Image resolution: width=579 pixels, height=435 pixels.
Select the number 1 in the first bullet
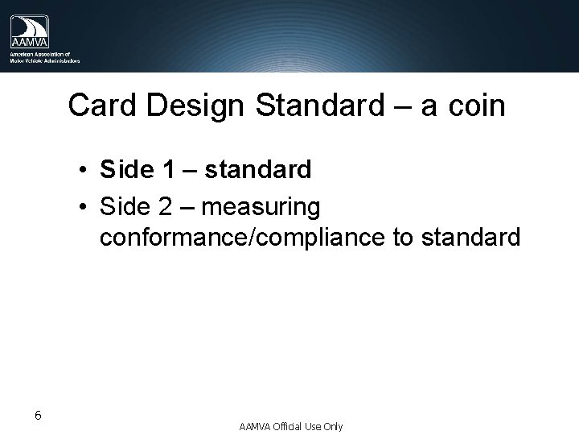click(x=166, y=170)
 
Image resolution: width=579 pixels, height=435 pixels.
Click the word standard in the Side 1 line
click(x=257, y=170)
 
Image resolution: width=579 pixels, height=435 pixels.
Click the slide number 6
click(x=39, y=416)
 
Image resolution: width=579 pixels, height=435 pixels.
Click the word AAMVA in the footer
click(x=255, y=426)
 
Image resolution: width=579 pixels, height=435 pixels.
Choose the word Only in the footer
click(x=332, y=426)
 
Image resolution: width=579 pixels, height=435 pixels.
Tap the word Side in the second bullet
click(x=126, y=207)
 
